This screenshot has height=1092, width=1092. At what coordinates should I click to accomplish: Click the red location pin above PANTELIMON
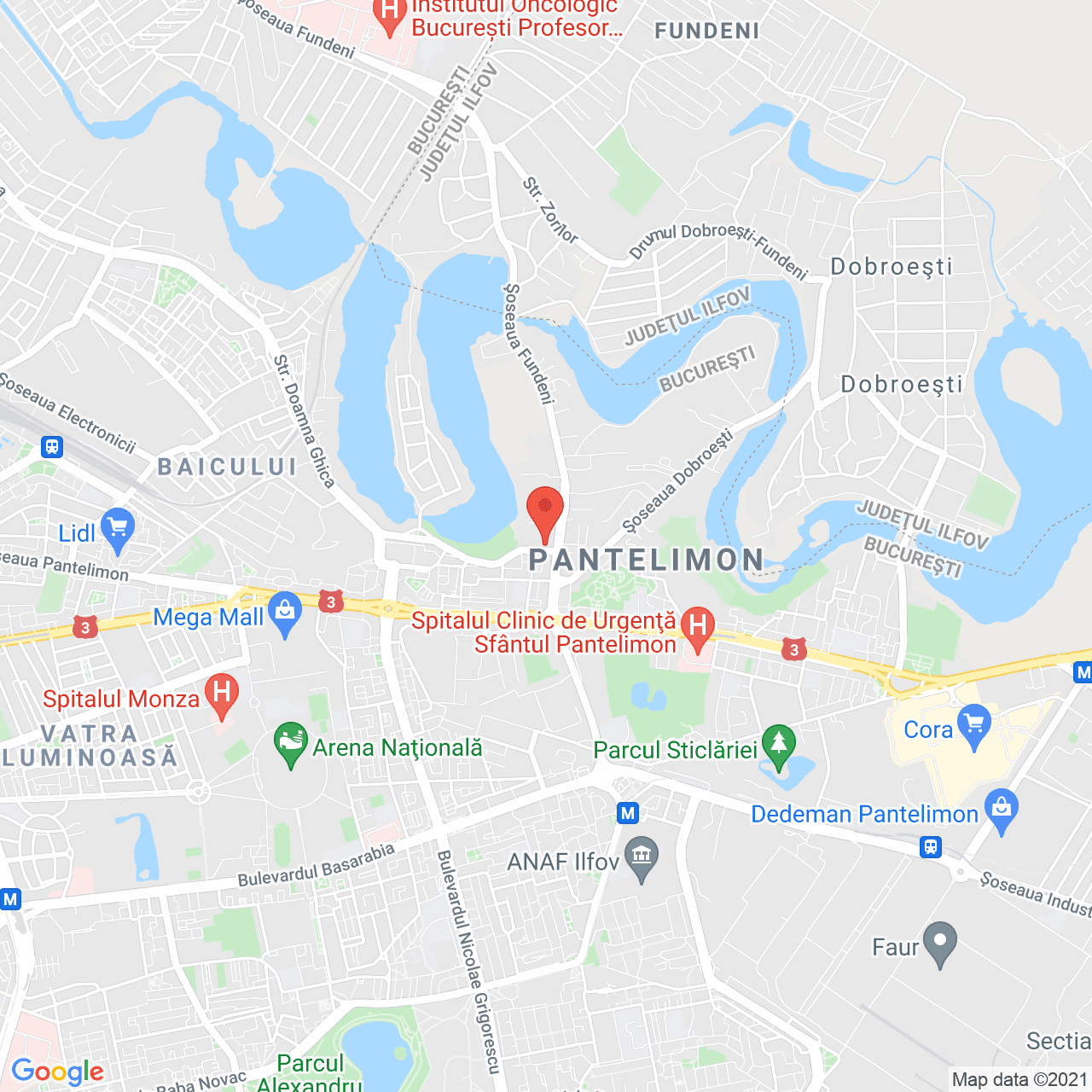point(544,512)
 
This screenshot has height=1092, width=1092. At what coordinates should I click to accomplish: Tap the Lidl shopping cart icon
point(117,530)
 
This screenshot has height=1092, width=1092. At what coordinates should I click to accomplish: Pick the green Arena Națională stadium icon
point(291,744)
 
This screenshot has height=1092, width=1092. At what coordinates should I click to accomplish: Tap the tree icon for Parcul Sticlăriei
point(778,746)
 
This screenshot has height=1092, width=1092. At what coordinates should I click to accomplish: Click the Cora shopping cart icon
point(974,726)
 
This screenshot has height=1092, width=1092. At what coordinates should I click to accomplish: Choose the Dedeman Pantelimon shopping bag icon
point(1002,810)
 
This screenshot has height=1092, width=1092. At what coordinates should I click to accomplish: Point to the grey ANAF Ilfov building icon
point(642,858)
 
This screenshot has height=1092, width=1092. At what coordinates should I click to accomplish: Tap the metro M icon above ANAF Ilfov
point(628,813)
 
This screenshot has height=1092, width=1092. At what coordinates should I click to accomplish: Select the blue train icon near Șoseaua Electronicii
point(52,447)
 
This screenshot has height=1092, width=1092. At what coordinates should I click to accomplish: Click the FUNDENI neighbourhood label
point(706,32)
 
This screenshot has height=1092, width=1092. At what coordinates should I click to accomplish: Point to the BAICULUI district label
point(227,467)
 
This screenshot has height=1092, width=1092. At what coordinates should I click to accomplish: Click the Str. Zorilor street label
point(550,210)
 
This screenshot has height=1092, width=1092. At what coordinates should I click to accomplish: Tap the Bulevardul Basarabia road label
point(317,864)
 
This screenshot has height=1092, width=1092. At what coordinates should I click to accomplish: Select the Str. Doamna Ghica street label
point(304,421)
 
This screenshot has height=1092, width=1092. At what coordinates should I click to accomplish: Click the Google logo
point(57,1072)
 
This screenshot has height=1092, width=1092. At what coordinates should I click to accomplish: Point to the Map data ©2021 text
point(1019,1079)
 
